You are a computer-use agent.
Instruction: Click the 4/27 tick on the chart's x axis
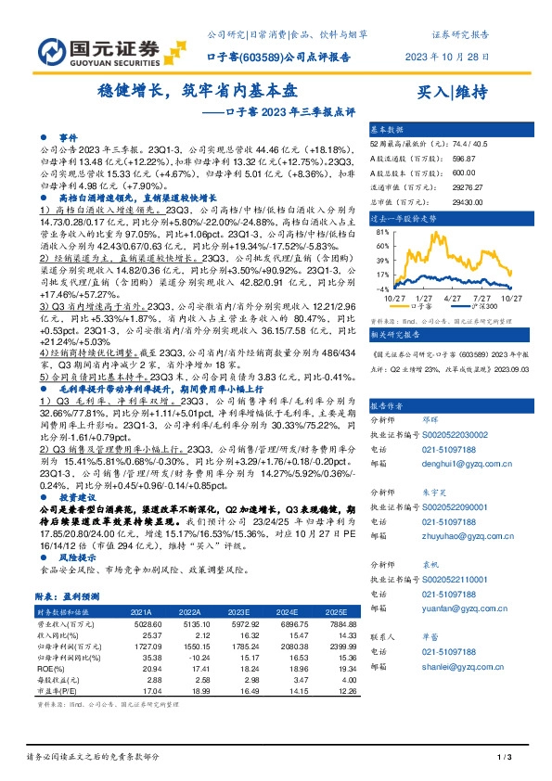coord(454,297)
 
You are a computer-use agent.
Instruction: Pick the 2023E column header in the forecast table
coord(239,613)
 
